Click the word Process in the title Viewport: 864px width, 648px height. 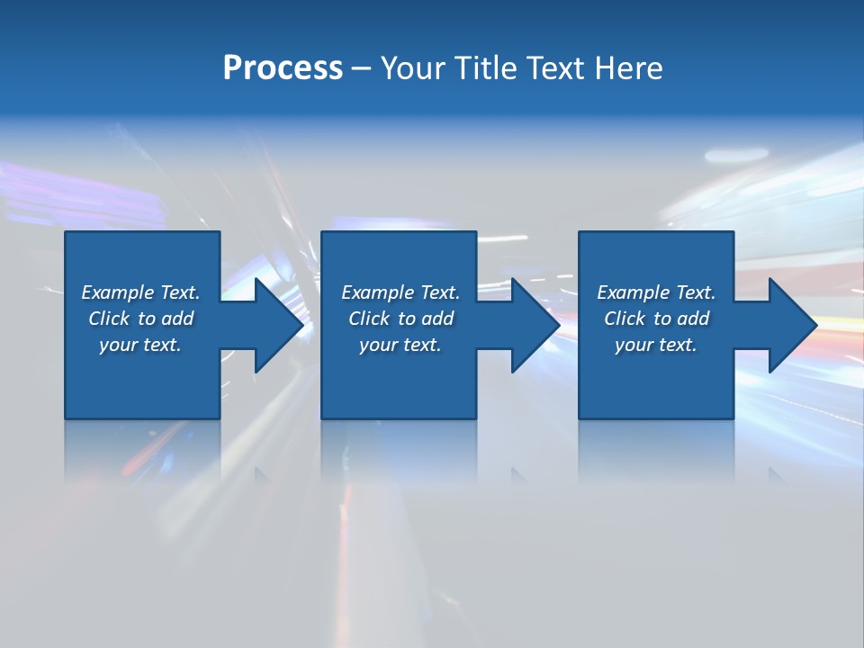(x=283, y=68)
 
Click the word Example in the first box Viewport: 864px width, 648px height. (x=118, y=292)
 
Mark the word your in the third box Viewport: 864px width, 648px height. (x=634, y=345)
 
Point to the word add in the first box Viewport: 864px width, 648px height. (x=177, y=319)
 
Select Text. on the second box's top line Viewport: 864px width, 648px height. (x=439, y=292)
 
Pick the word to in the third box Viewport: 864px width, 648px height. (x=662, y=319)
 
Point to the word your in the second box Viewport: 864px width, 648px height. (x=379, y=345)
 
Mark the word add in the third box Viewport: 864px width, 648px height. (x=693, y=319)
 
